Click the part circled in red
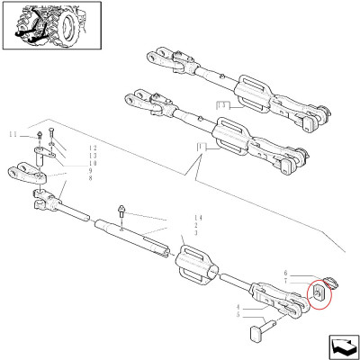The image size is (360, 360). [319, 293]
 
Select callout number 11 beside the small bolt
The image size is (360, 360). [13, 134]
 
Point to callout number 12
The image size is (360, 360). [92, 147]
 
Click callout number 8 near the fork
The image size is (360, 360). [92, 179]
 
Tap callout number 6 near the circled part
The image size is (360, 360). [285, 273]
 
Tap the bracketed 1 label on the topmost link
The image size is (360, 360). [221, 105]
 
